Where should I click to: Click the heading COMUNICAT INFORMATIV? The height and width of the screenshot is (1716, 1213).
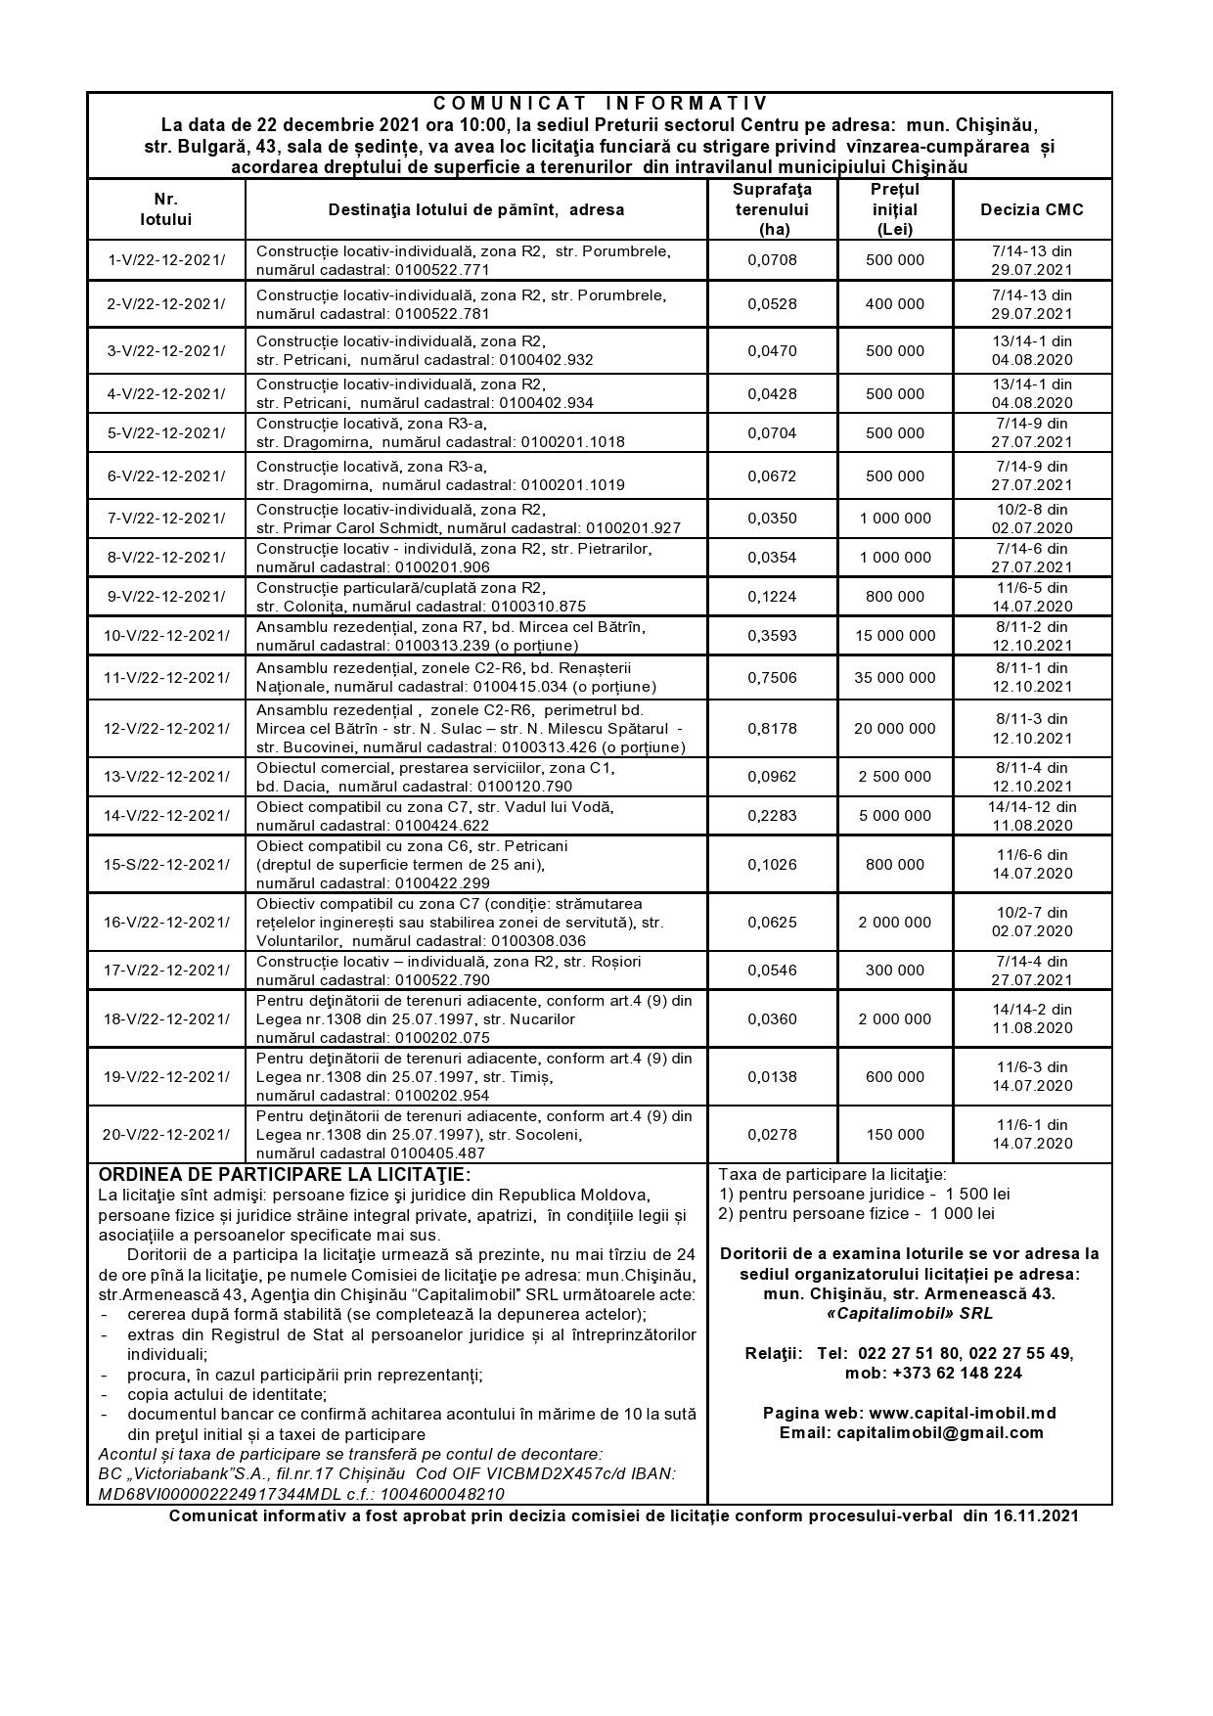click(601, 104)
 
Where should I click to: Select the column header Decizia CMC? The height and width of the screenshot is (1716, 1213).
click(1032, 209)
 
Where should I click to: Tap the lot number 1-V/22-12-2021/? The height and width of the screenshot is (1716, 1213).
click(165, 260)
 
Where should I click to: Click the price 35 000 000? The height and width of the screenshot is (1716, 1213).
click(894, 677)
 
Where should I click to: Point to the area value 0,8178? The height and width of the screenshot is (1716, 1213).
click(772, 729)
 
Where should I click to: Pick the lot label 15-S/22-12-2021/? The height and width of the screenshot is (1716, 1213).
click(166, 864)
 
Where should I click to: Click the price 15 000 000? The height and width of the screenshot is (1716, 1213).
click(894, 636)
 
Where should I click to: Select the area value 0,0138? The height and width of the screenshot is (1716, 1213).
click(772, 1077)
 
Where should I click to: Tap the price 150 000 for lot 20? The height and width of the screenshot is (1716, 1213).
click(894, 1135)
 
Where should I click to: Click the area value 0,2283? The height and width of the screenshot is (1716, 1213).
click(772, 816)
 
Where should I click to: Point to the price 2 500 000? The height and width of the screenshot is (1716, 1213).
click(894, 777)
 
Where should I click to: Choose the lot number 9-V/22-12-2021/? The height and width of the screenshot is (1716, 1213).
click(165, 597)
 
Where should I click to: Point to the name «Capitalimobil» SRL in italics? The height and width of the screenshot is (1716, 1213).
click(909, 1314)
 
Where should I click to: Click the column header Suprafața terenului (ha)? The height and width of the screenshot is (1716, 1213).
click(772, 209)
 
